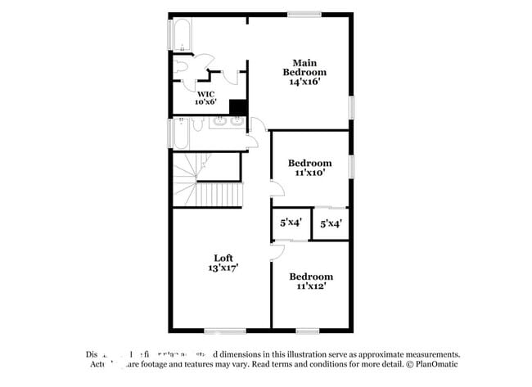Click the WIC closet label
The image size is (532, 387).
click(205, 93)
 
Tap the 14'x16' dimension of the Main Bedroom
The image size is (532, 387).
click(304, 82)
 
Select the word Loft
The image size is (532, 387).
click(223, 258)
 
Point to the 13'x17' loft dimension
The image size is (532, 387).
click(223, 268)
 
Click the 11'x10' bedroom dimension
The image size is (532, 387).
click(309, 173)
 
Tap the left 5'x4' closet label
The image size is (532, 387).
click(291, 222)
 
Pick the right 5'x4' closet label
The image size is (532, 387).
click(331, 223)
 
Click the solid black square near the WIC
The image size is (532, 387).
click(238, 108)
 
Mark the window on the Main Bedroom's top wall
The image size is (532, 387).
click(304, 14)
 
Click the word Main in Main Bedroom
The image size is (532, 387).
click(304, 62)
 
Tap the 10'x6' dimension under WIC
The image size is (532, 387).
click(205, 102)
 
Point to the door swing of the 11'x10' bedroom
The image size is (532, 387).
click(277, 188)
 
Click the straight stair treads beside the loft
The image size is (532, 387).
click(219, 196)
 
